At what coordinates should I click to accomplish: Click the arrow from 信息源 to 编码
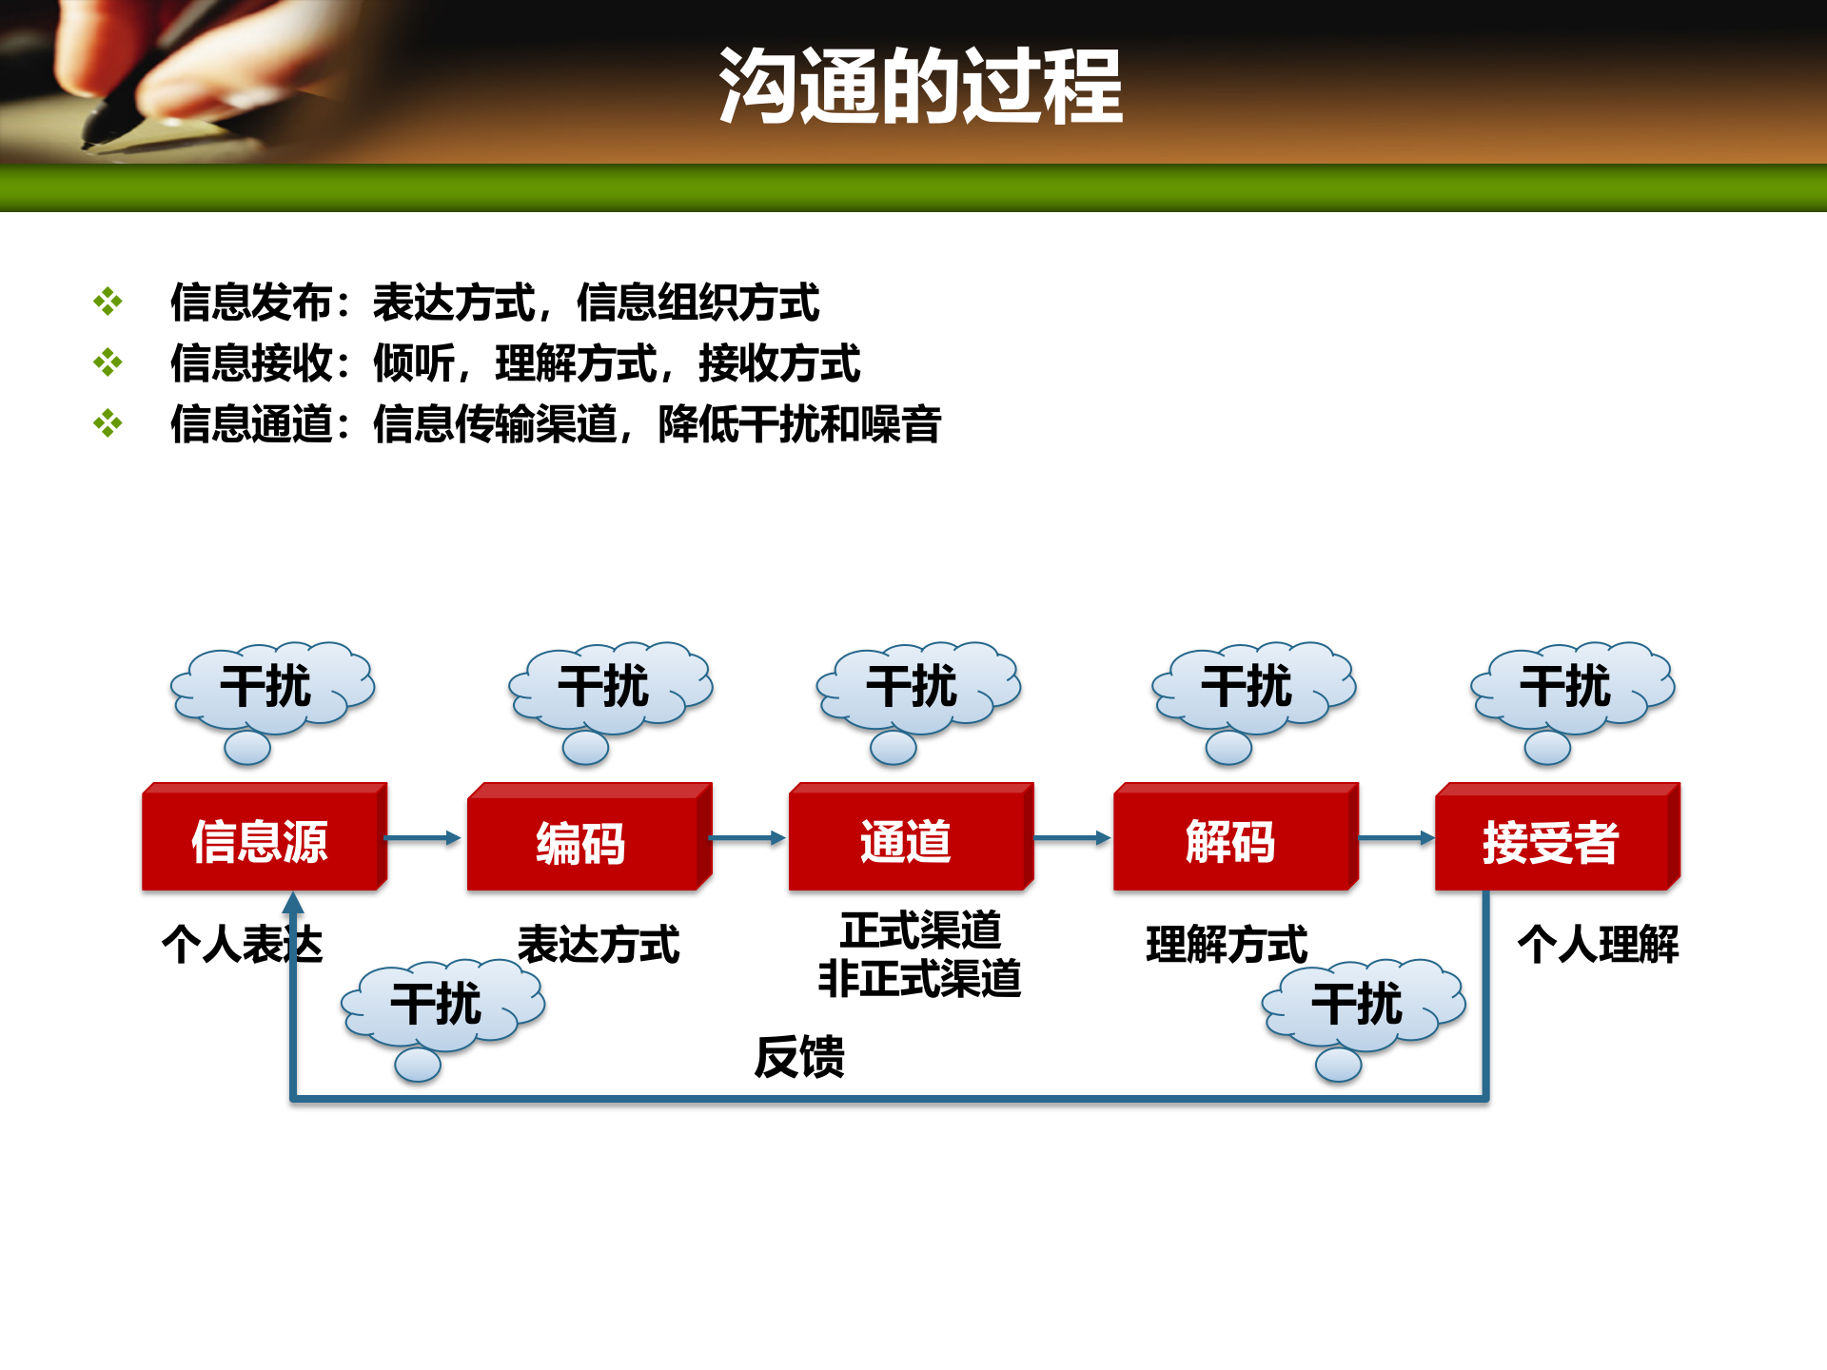[422, 838]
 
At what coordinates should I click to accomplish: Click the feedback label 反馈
[799, 1057]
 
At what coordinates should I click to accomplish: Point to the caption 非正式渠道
[919, 979]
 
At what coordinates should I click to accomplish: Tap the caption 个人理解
[1599, 945]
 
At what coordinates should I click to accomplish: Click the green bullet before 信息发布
[108, 302]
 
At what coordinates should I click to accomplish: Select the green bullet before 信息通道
[108, 423]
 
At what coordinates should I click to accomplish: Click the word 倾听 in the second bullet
[413, 363]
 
